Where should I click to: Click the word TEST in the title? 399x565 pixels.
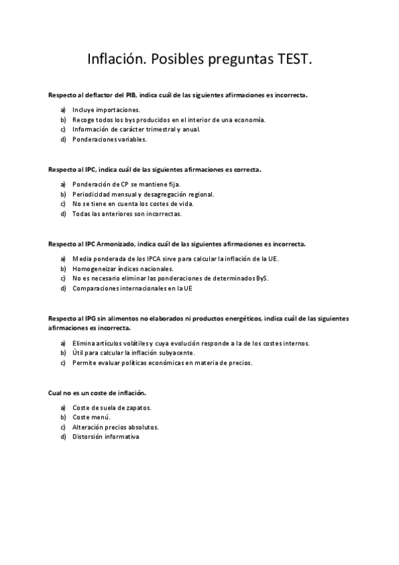[x=291, y=60]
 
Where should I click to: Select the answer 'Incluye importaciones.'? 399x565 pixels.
[x=106, y=109]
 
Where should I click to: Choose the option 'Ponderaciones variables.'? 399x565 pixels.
[x=109, y=139]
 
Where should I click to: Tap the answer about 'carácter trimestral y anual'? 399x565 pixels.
[x=136, y=129]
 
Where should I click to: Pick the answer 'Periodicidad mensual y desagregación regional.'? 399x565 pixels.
[x=143, y=194]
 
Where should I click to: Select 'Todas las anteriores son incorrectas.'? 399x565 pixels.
[x=127, y=214]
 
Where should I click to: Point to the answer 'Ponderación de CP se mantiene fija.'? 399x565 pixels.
[x=127, y=184]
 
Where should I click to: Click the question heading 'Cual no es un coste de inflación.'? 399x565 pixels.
[x=97, y=393]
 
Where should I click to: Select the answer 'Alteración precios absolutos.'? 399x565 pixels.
[x=115, y=427]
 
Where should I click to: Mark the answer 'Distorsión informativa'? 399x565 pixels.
[x=106, y=437]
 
